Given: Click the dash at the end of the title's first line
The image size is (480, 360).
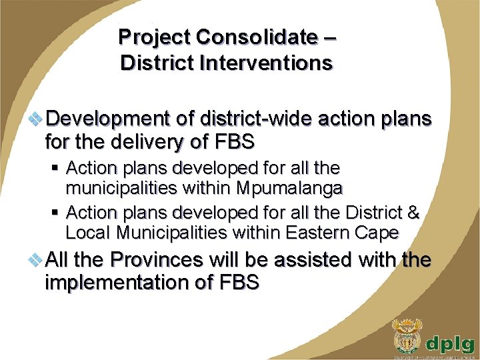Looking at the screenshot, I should click(328, 37).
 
